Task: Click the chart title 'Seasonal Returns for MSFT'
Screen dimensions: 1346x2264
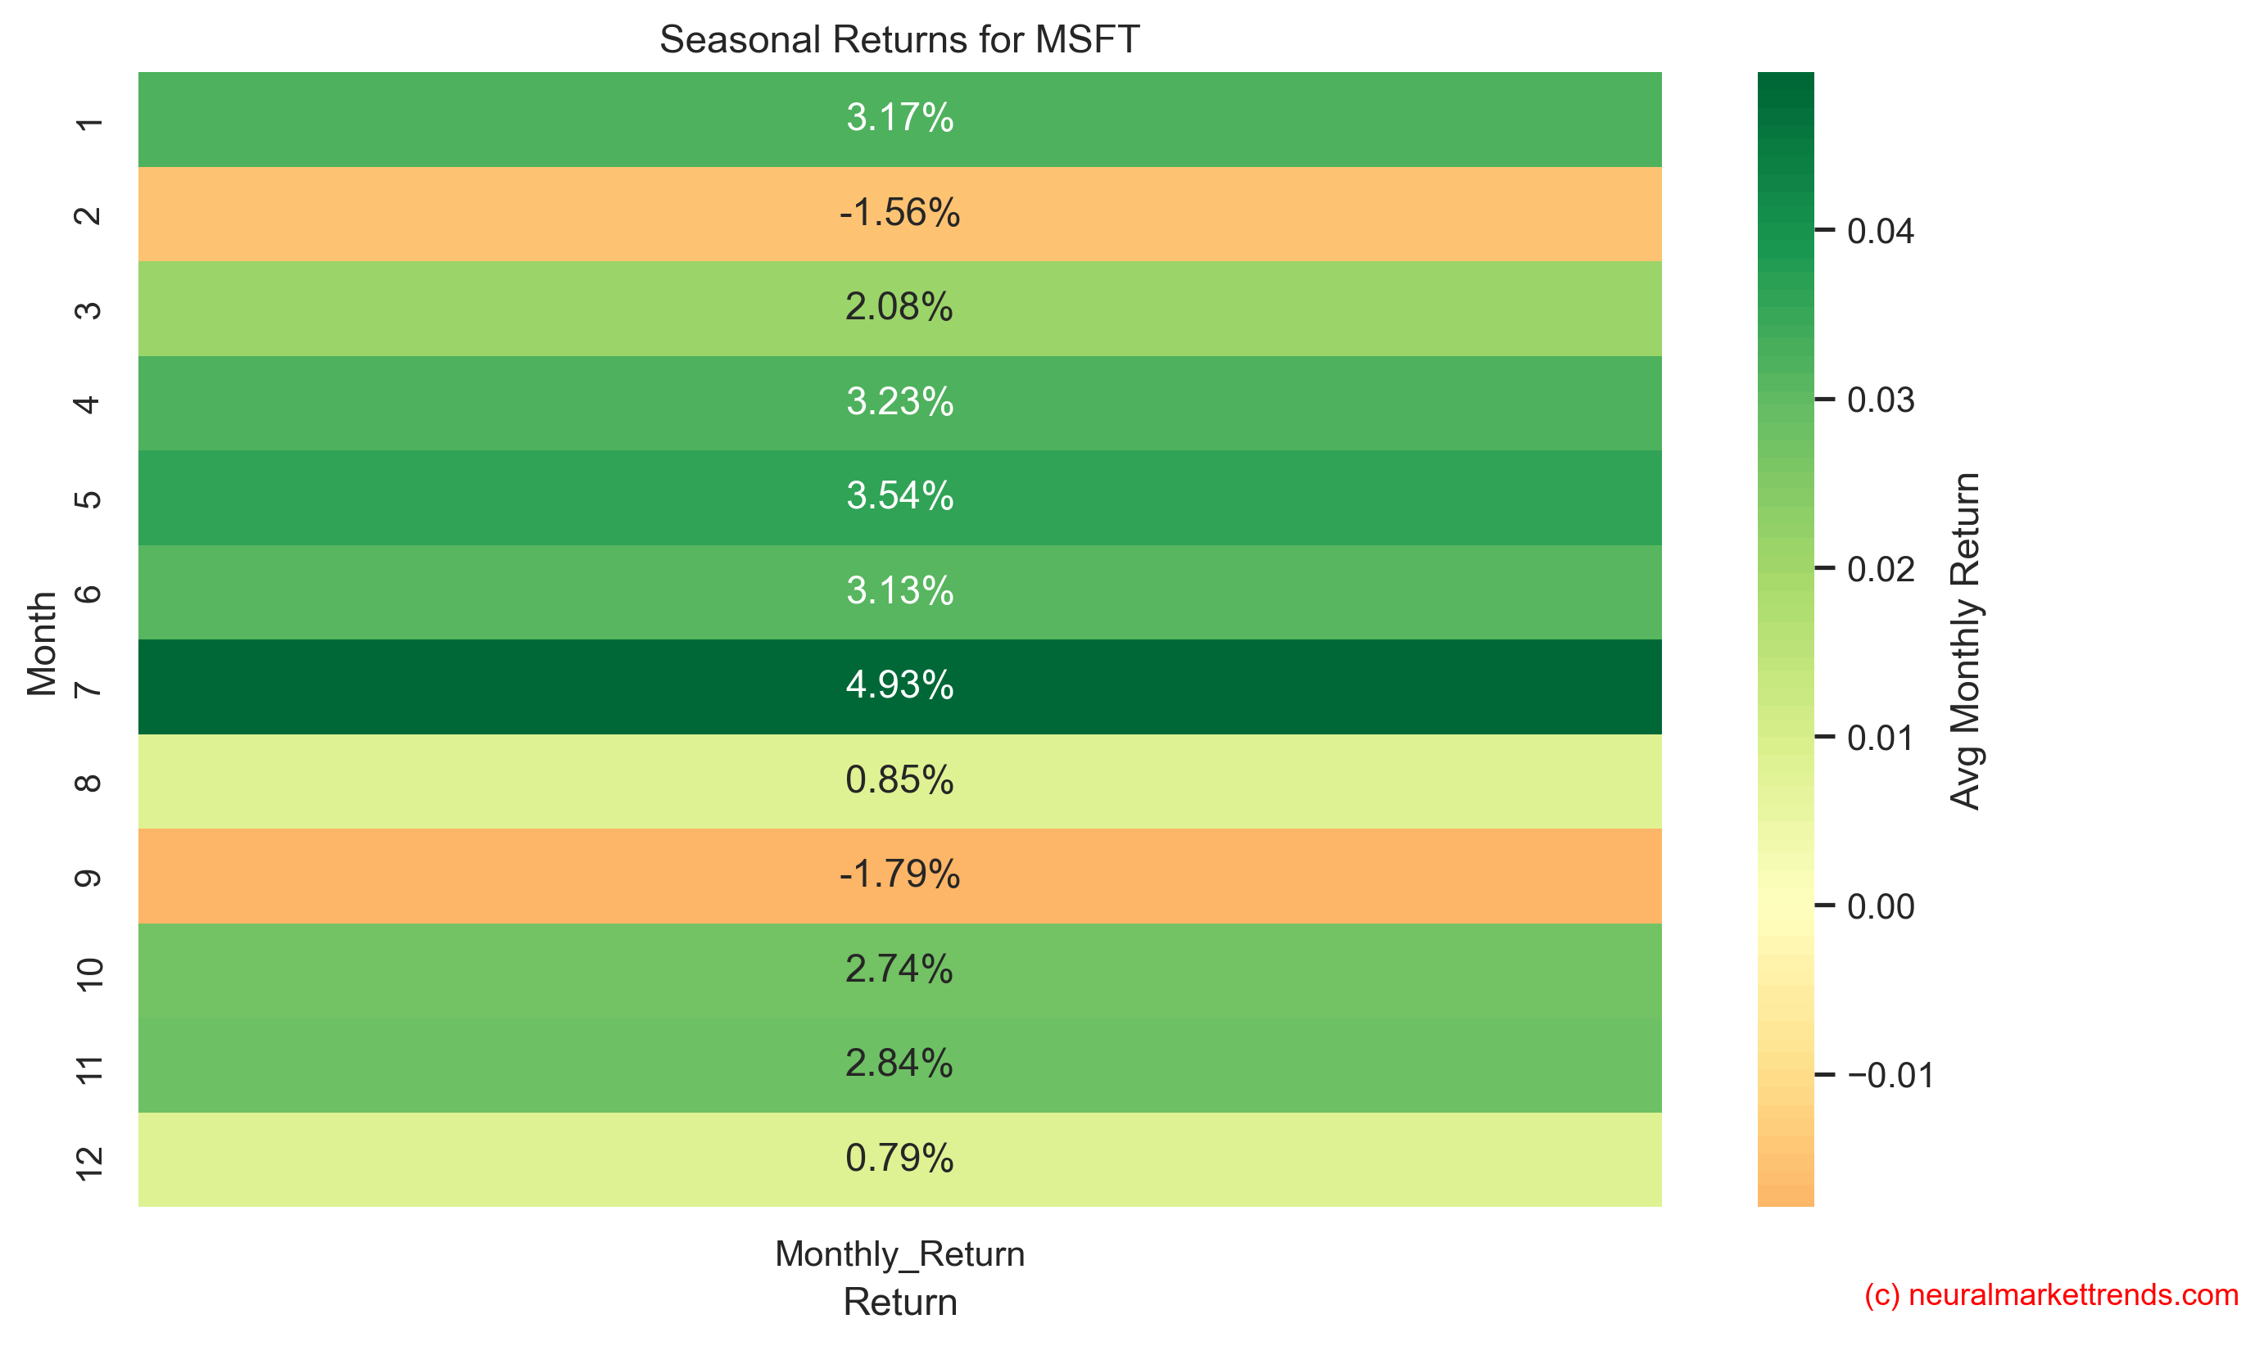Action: [x=899, y=40]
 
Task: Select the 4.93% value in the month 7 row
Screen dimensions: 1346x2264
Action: [x=899, y=684]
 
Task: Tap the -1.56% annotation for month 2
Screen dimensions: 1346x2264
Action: [x=899, y=213]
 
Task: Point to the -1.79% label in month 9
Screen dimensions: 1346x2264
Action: [x=899, y=874]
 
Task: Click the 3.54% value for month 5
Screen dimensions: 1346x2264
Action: [x=899, y=496]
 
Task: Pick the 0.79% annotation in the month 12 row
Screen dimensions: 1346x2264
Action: [x=899, y=1159]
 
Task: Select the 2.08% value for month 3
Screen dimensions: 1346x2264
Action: [x=899, y=308]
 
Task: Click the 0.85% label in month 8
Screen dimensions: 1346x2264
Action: [x=899, y=780]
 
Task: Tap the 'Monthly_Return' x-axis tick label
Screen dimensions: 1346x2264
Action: [x=899, y=1253]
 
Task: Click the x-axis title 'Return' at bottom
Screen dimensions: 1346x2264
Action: [x=899, y=1303]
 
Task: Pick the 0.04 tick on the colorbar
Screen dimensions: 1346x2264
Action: [x=1879, y=231]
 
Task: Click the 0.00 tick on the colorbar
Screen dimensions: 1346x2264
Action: [x=1879, y=907]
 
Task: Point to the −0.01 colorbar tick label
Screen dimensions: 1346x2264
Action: [x=1889, y=1076]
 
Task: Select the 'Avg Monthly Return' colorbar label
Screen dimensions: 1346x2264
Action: [x=1963, y=640]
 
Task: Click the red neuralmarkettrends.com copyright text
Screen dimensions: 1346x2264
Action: [x=2050, y=1295]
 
